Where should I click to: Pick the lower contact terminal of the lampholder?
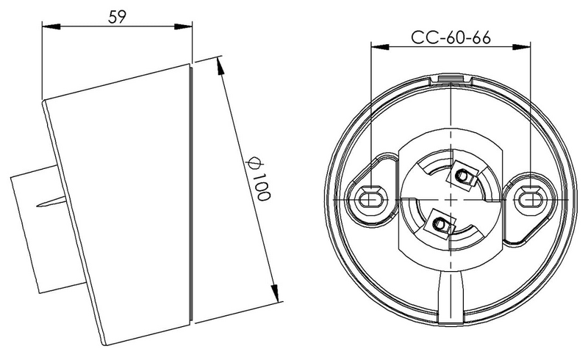tap(440, 223)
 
